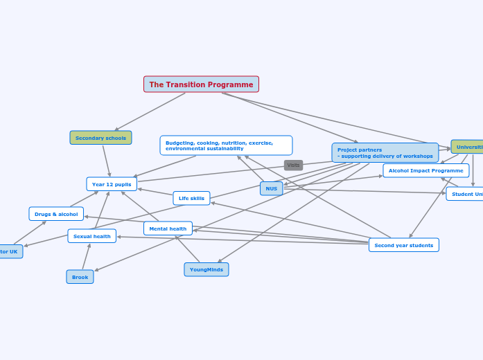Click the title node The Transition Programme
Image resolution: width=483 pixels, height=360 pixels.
pos(201,84)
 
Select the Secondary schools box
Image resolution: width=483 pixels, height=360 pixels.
pos(100,138)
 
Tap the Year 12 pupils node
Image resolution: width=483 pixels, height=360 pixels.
pos(112,184)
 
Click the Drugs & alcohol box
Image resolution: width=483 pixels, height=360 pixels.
pos(56,214)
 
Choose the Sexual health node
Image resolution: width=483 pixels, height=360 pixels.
pos(91,236)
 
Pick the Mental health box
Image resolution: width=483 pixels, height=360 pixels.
pos(168,228)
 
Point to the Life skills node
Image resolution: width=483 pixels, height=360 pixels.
pos(191,198)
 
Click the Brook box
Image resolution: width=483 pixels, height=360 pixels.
pos(80,277)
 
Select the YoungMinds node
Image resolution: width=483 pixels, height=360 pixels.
pos(206,269)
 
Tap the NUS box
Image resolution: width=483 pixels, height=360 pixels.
pos(271,188)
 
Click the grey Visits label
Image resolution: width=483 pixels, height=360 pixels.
pos(293,165)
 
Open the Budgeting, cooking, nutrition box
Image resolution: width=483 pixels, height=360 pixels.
pos(226,145)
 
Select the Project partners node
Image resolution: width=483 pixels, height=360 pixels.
pos(385,153)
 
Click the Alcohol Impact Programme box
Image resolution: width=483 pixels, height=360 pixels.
pos(425,170)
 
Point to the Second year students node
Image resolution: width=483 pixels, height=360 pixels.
pos(403,245)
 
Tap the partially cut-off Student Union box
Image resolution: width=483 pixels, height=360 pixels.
pos(466,194)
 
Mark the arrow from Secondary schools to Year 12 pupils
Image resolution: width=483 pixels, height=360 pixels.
pos(107,161)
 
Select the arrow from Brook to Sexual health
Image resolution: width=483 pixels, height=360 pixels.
pos(85,257)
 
